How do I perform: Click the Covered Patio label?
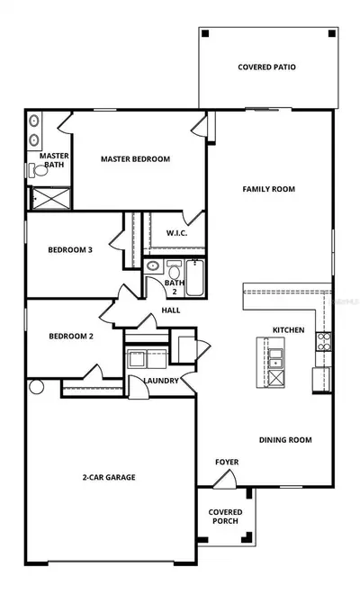coord(266,67)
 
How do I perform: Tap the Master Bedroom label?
coord(135,158)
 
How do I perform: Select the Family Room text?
coord(269,189)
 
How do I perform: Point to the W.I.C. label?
coord(177,233)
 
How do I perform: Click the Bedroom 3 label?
coord(70,249)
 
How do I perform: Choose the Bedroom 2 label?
coord(71,336)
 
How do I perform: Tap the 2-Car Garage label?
coord(109,477)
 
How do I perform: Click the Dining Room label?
coord(285,439)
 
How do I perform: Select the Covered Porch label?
coord(225,517)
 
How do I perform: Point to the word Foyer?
coord(227,462)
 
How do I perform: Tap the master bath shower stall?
coord(51,198)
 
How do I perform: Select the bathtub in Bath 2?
coord(195,278)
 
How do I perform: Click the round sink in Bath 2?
coord(153,265)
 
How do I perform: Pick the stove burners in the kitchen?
coord(324,341)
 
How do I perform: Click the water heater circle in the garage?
coord(37,387)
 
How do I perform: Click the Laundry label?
coord(161,381)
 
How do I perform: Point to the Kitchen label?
coord(289,330)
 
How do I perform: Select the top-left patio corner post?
coord(205,33)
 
